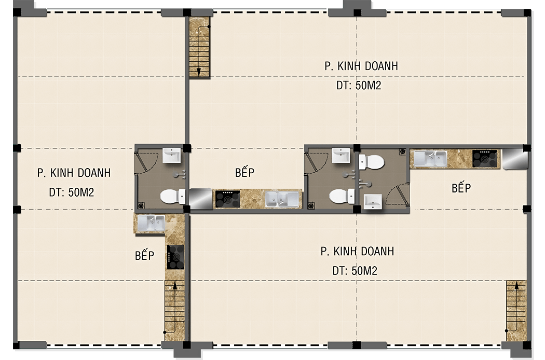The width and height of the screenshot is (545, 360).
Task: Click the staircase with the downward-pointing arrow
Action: click(199, 47)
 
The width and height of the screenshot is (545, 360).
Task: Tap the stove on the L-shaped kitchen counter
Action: click(175, 257)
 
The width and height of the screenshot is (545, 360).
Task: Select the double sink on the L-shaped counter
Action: click(151, 223)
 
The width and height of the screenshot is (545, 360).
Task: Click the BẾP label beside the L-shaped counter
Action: click(145, 255)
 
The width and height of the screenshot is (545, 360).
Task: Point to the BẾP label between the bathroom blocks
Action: click(244, 172)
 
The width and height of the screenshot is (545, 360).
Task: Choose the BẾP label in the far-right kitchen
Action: click(461, 188)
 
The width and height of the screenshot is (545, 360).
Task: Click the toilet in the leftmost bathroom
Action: click(172, 196)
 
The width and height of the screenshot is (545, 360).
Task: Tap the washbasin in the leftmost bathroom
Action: click(172, 156)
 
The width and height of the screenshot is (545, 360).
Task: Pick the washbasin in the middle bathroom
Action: click(341, 156)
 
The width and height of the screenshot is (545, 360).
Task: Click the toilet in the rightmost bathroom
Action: click(371, 162)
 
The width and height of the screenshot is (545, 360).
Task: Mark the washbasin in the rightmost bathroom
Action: click(373, 202)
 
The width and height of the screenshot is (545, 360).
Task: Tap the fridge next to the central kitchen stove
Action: click(200, 199)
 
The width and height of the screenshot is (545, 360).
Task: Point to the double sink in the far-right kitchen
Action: click(430, 159)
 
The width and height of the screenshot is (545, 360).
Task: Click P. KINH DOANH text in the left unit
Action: click(74, 173)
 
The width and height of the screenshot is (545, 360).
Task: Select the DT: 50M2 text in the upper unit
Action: click(359, 86)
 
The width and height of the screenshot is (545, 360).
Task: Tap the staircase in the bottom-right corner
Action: click(516, 311)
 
